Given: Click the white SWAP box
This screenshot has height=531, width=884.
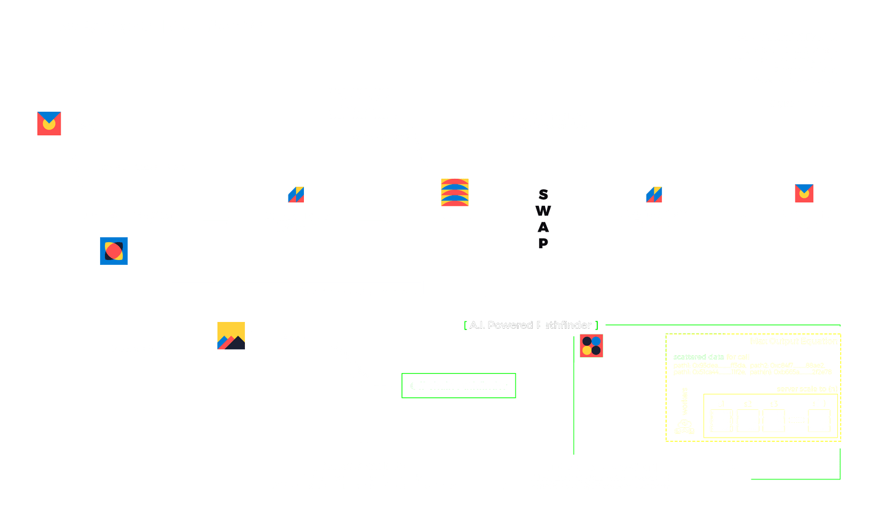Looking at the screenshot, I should click(x=543, y=218).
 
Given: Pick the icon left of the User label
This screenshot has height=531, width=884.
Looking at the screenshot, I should click(x=49, y=124).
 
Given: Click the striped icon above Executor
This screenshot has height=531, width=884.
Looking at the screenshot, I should click(x=455, y=192).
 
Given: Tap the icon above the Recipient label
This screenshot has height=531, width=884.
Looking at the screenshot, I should click(x=804, y=193).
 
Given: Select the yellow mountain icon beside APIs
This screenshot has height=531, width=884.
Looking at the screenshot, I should click(x=231, y=336).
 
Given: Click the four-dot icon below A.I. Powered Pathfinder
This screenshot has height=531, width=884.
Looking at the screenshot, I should click(x=591, y=346).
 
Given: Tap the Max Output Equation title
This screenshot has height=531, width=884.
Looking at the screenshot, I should click(x=794, y=341).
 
